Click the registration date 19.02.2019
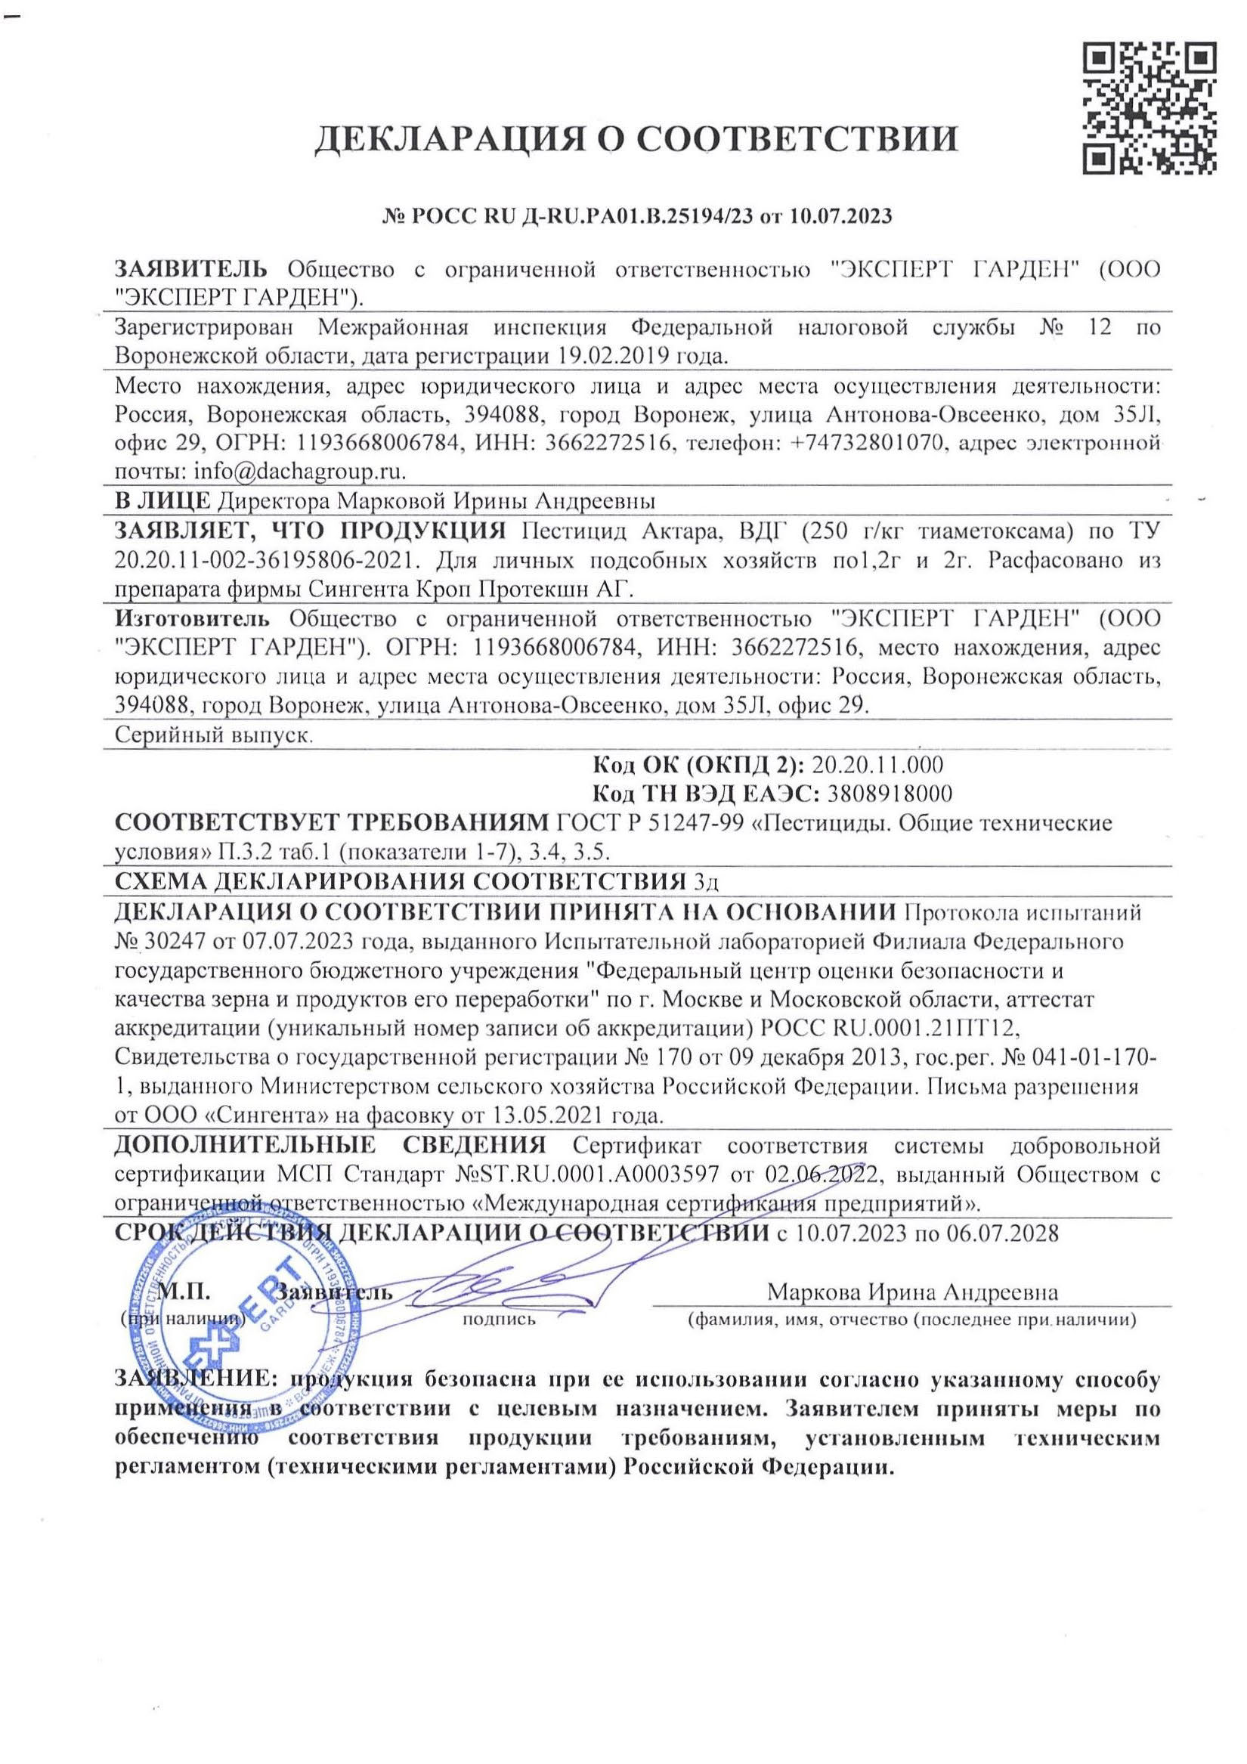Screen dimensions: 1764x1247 pos(608,357)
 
